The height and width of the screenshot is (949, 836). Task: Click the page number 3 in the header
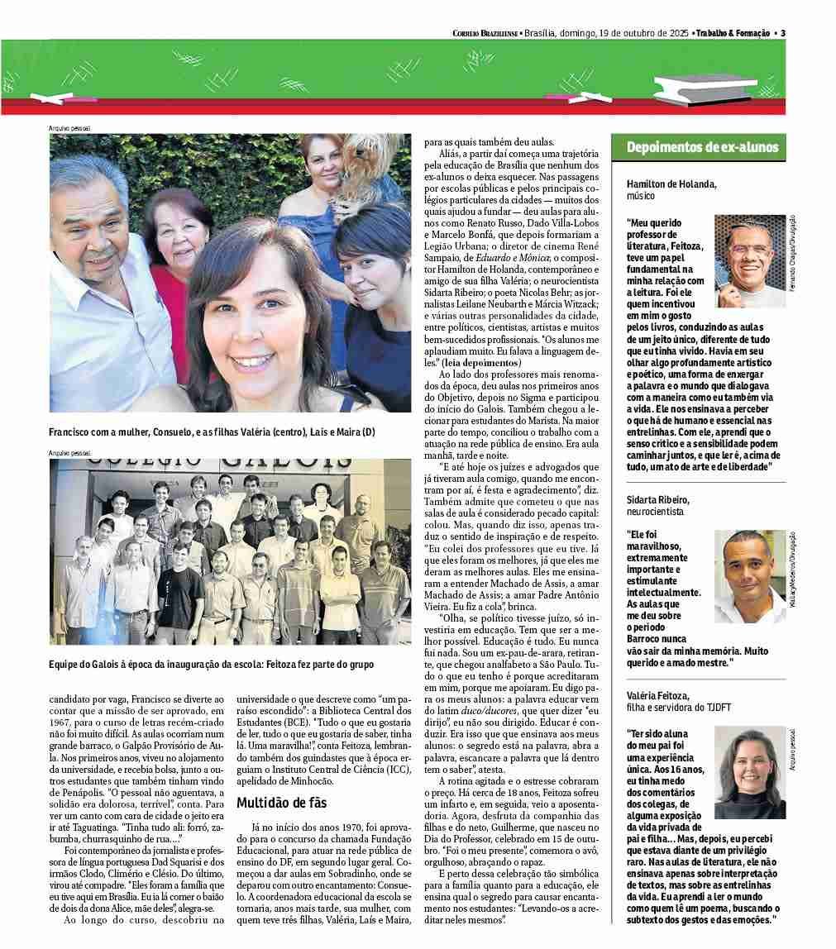click(782, 33)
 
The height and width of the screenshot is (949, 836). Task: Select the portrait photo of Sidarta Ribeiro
click(750, 576)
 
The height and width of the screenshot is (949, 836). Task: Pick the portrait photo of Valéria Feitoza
click(749, 772)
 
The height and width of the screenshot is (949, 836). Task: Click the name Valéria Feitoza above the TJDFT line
click(658, 696)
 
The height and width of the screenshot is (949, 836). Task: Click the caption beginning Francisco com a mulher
click(212, 432)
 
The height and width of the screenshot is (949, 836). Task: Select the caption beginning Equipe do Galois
click(211, 665)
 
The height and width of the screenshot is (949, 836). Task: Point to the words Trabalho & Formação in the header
click(731, 33)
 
